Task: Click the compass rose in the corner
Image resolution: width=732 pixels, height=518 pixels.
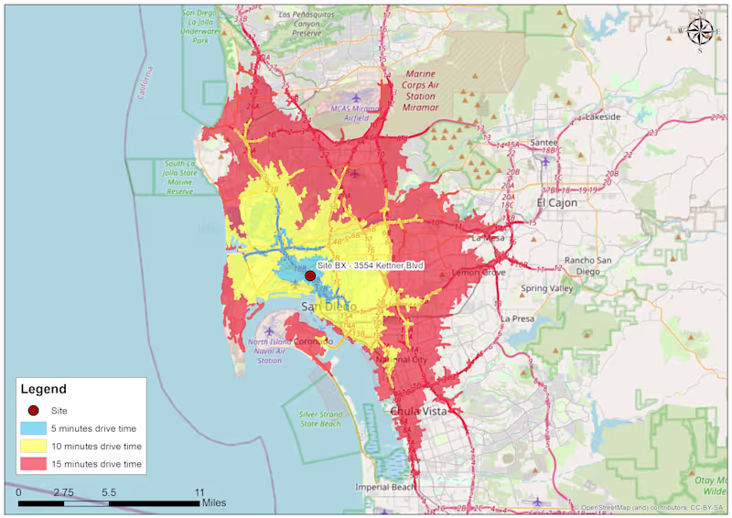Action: tap(700, 31)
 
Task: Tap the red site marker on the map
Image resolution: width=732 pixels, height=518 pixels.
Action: tap(310, 275)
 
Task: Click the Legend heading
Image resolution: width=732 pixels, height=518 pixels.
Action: tap(43, 389)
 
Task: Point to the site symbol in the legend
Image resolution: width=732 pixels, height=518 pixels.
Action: tap(34, 411)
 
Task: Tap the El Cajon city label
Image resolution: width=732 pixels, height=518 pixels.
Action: tap(557, 202)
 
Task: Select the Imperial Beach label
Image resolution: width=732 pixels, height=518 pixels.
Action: tap(385, 487)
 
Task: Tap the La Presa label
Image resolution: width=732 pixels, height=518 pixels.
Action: tap(517, 318)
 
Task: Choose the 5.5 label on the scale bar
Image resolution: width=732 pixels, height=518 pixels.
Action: tap(109, 492)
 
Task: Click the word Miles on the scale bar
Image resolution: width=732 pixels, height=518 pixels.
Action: tap(213, 503)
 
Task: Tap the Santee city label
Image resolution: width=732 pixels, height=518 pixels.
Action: tap(544, 143)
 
